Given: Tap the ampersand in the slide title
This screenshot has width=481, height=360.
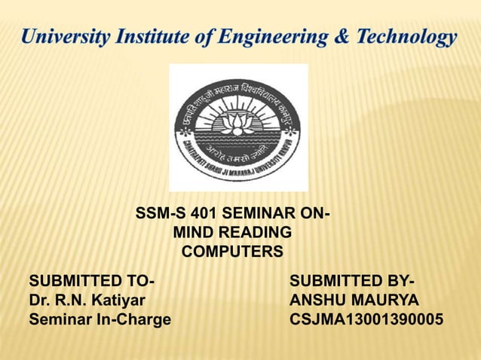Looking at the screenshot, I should click(x=333, y=36).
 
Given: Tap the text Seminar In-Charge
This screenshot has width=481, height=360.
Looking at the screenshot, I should click(x=100, y=319).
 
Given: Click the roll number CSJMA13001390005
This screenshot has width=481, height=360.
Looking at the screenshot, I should click(x=366, y=319).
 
